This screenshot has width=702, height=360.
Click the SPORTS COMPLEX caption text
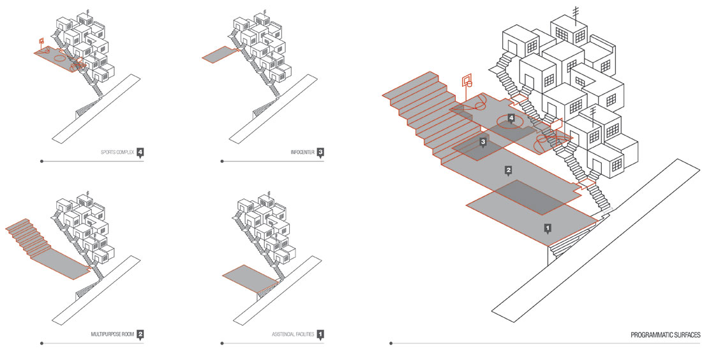pos(117,153)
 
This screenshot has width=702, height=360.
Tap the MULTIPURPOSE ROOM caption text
pos(113,334)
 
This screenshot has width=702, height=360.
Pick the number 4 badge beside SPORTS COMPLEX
pos(140,152)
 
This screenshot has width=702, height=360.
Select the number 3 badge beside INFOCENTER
pos(320,152)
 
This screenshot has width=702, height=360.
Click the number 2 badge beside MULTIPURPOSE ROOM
pos(140,333)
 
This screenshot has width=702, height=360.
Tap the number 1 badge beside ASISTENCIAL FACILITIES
pos(320,333)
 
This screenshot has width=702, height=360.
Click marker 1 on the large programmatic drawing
pos(547,227)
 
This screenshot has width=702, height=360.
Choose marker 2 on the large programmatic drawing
pos(509,170)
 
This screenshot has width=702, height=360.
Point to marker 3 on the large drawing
pos(483,142)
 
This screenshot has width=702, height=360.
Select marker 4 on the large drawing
pos(511,117)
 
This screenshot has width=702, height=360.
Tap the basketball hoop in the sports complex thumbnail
pos(41,42)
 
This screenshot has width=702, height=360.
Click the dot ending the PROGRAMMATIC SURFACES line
pos(391,344)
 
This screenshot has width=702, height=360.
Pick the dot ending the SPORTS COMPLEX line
pos(42,161)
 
